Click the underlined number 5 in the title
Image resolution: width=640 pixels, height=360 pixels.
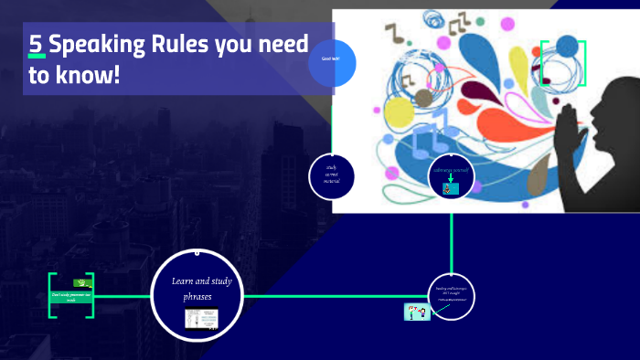[x=37, y=45]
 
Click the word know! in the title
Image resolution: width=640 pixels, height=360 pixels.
[x=91, y=75]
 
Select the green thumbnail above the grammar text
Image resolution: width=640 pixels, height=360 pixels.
[x=81, y=282]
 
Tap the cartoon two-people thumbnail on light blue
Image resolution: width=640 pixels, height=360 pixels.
[x=417, y=312]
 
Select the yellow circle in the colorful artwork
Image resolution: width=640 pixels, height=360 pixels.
[x=400, y=112]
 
